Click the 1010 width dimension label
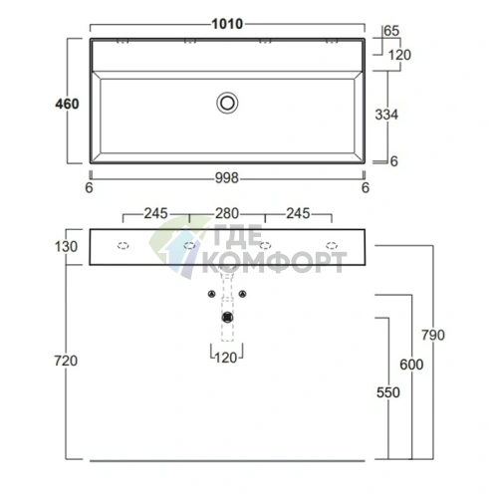tap(227, 24)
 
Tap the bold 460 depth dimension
tap(67, 104)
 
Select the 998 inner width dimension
tap(227, 178)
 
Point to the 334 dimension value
tap(386, 115)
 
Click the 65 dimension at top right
tap(391, 31)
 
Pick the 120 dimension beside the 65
tap(399, 55)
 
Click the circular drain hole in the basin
tap(227, 103)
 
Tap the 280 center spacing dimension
tap(227, 213)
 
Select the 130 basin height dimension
tap(66, 247)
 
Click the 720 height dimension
tap(66, 361)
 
